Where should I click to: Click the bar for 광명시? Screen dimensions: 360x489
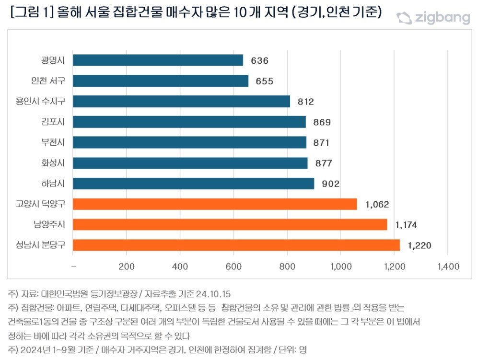(x=158, y=60)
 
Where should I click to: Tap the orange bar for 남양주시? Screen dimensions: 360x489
(x=230, y=224)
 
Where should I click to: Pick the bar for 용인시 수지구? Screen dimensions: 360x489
(x=181, y=102)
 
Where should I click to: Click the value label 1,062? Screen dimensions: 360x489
(x=377, y=204)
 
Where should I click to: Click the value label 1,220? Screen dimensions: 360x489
(x=419, y=245)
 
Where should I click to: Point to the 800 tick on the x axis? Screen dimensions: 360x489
(x=287, y=267)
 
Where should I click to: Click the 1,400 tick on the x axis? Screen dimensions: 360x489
(x=447, y=267)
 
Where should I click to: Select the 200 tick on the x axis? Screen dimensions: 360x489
(x=126, y=267)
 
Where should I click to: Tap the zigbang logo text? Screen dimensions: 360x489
(x=442, y=18)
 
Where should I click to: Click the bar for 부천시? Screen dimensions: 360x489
(x=189, y=142)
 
